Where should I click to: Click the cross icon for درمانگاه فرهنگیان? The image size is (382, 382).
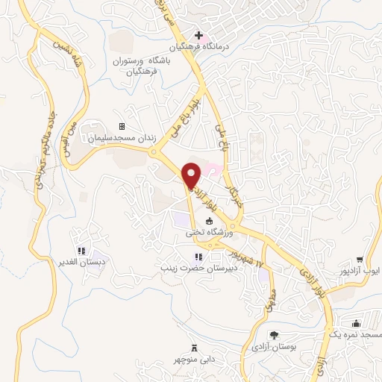[199, 35]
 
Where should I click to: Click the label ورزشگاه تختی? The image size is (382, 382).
[210, 234]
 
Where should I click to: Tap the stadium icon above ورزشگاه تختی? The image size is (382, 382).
[210, 222]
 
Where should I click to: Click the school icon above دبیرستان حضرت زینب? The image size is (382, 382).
[198, 257]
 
